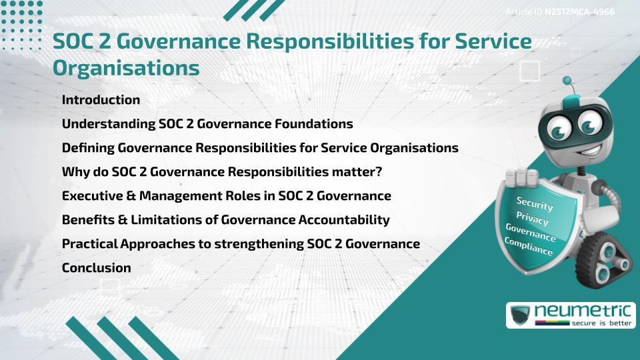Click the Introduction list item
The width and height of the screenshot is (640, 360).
[101, 100]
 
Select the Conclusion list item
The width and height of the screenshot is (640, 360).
[96, 268]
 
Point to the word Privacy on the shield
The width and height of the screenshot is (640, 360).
[532, 219]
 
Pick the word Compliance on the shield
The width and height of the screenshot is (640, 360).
[529, 247]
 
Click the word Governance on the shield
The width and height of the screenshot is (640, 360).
[531, 233]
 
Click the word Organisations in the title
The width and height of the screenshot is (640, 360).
[126, 67]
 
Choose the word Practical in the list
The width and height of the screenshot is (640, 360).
[89, 244]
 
